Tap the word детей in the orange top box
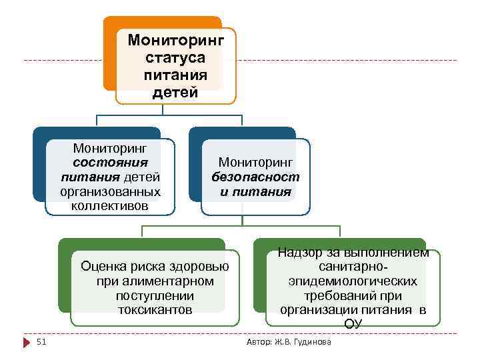coord(175,92)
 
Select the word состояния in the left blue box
coord(111,161)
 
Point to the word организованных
coord(111,191)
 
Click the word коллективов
coord(111,205)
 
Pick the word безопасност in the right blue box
coord(256,177)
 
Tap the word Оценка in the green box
coord(102,267)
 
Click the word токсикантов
coord(155,310)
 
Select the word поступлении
coord(155,295)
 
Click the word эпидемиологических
coord(353,281)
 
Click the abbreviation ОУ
coord(353,325)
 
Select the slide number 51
coord(41,342)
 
